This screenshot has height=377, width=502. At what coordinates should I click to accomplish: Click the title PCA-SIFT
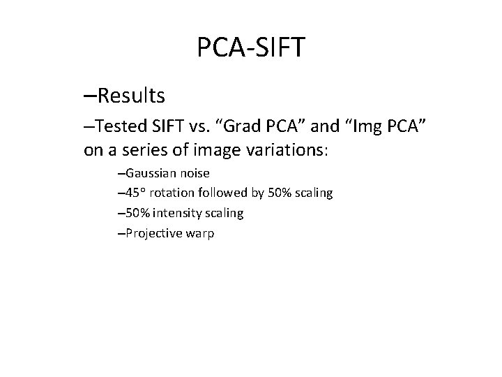pos(250,48)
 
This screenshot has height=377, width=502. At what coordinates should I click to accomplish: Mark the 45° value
pos(134,193)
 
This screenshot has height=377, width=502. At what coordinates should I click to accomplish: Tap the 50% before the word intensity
pos(134,213)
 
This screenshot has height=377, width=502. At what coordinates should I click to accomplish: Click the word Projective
pos(153,233)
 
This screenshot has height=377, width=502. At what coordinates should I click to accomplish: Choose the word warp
pos(201,233)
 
